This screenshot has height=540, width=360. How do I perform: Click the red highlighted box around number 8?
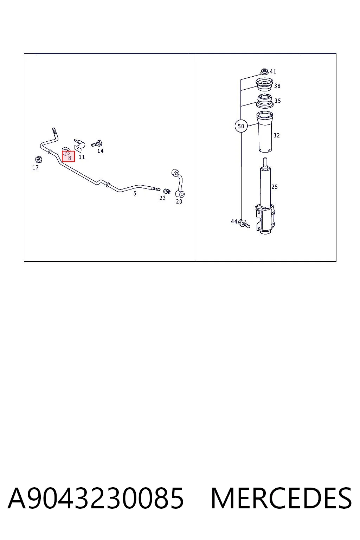[x=69, y=156]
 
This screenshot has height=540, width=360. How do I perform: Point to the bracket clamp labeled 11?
[x=79, y=145]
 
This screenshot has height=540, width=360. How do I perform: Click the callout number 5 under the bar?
[x=135, y=193]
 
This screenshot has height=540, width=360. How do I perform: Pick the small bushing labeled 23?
[x=167, y=191]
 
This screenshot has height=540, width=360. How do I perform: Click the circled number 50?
[x=241, y=126]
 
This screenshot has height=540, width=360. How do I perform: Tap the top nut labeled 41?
[x=264, y=72]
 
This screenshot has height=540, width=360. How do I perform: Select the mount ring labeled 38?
[x=264, y=85]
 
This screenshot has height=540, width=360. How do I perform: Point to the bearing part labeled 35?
[x=265, y=101]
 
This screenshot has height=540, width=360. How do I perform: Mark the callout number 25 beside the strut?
[x=275, y=187]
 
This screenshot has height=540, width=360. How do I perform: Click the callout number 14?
[x=101, y=151]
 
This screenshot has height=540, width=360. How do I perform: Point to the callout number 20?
[x=179, y=201]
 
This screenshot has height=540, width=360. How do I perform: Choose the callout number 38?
[x=277, y=86]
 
